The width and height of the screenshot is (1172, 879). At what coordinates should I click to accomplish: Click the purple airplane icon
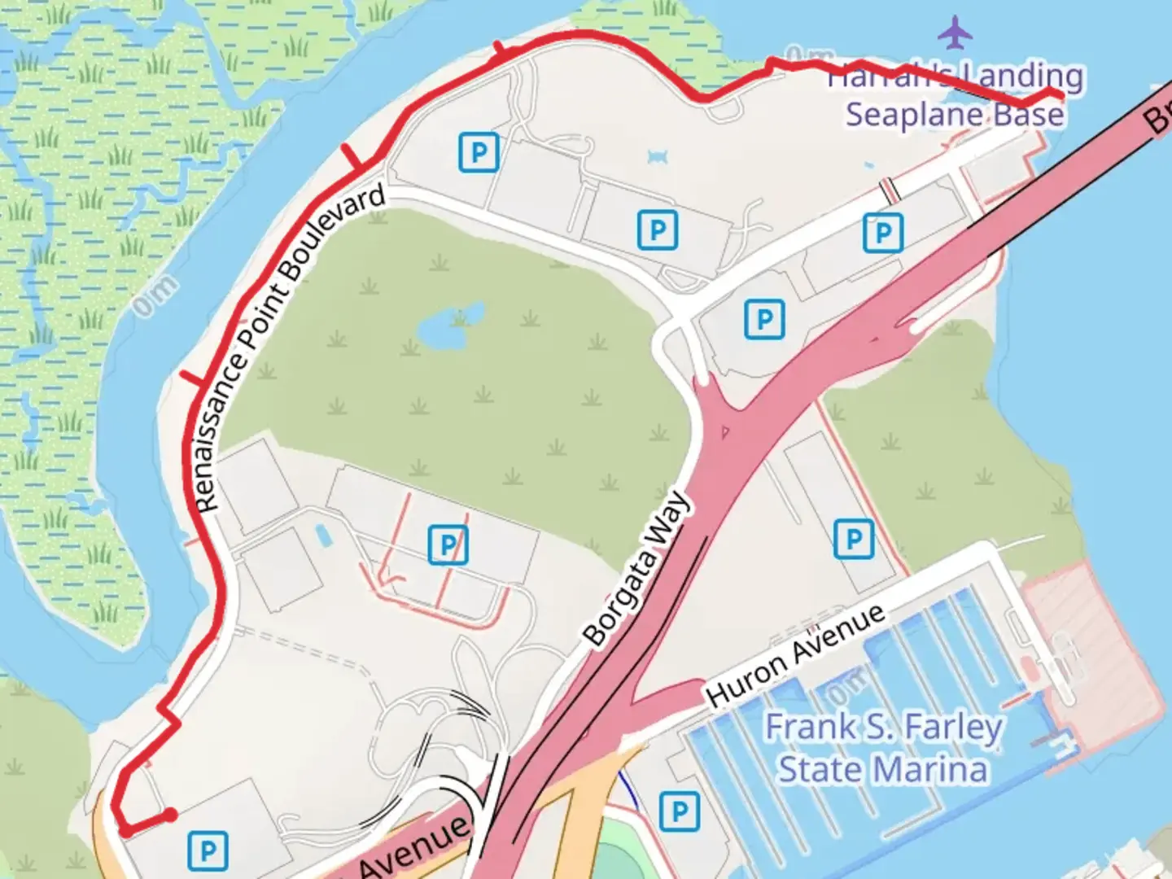tap(955, 33)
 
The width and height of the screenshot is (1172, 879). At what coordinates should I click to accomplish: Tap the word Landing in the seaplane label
tap(1022, 76)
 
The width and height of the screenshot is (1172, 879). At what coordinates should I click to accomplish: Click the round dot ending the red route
tap(170, 815)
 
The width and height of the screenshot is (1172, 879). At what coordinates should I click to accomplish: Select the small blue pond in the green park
tap(444, 325)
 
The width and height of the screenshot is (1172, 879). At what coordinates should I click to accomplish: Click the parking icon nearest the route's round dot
tap(208, 851)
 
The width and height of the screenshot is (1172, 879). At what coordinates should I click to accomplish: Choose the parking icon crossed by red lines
tap(448, 544)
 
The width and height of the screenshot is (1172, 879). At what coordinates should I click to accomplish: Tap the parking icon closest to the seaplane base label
tap(882, 233)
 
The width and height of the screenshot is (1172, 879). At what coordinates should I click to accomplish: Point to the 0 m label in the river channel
tap(155, 295)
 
